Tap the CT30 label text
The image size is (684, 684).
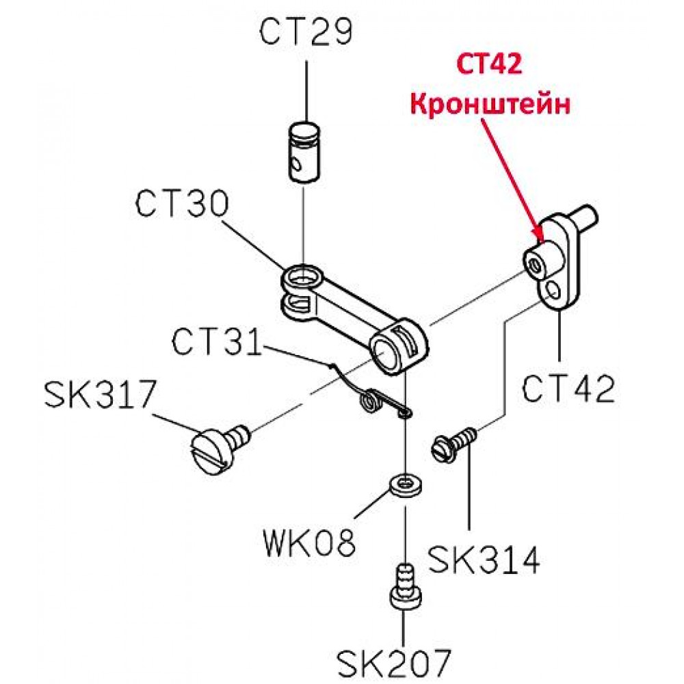(182, 204)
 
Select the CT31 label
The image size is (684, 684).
(217, 342)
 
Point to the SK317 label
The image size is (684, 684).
(101, 395)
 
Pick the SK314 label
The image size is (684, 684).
(484, 560)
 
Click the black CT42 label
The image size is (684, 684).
(568, 389)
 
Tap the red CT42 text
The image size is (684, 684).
(490, 64)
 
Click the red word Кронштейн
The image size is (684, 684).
(490, 105)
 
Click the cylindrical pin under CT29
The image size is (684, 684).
(304, 152)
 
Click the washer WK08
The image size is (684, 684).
(406, 484)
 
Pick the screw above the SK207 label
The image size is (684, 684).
(405, 587)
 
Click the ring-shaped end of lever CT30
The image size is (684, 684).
(302, 278)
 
